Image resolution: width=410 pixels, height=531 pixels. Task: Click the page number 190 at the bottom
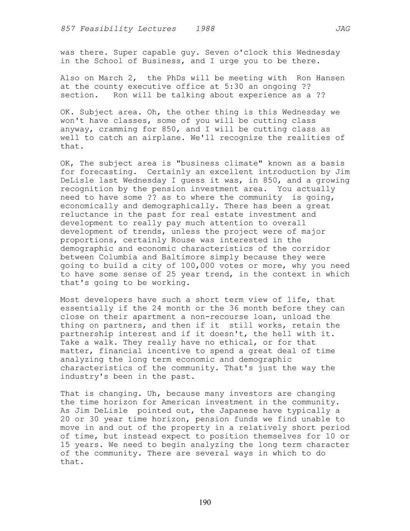205,502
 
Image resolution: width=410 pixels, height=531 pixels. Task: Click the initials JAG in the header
343,29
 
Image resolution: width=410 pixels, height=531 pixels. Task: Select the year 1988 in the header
205,29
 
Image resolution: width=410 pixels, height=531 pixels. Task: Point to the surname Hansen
330,78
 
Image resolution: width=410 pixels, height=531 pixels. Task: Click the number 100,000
198,265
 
